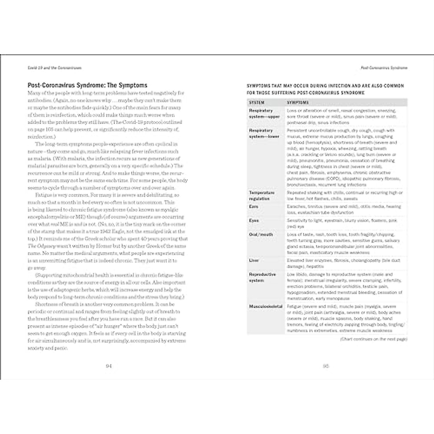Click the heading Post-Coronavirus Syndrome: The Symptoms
[88, 85]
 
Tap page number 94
[109, 366]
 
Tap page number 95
[325, 366]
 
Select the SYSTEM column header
[257, 103]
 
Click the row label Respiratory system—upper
[264, 114]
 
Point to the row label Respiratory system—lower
[264, 133]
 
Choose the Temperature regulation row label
[262, 196]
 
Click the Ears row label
[254, 207]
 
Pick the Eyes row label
[254, 221]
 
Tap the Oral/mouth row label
[261, 235]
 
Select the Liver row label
[254, 260]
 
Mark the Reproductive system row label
[263, 277]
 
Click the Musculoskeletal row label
[266, 306]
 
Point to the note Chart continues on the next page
[374, 339]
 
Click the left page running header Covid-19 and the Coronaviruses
[55, 68]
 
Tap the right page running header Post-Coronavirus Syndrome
[384, 68]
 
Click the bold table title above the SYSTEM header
[325, 89]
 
